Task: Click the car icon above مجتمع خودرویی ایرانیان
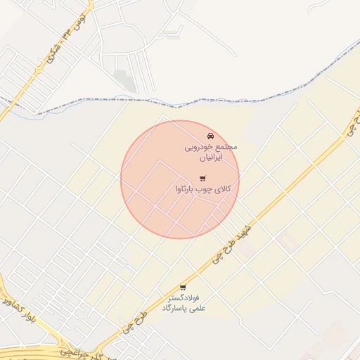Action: tap(210, 136)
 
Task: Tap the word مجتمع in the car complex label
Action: tap(226, 147)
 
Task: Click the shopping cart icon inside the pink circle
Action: tap(202, 179)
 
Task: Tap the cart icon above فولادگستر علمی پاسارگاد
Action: tap(183, 288)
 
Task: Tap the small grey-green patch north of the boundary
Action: tap(125, 81)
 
